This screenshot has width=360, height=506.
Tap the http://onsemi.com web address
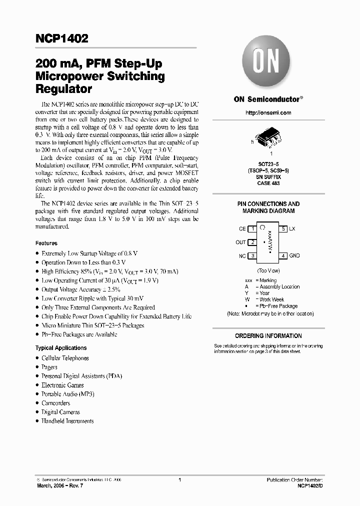[x=268, y=113]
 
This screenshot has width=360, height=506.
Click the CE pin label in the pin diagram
[x=242, y=229]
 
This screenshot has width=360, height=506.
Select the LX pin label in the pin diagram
[x=292, y=229]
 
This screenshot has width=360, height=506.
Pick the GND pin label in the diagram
[x=294, y=256]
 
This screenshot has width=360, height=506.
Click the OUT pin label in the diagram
[x=240, y=242]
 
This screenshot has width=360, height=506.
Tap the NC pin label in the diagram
[x=242, y=256]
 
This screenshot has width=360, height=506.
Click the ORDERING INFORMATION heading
[x=268, y=336]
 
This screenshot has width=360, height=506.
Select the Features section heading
[x=46, y=243]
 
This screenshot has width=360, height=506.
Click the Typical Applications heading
[x=60, y=348]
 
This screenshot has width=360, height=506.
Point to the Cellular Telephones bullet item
[x=65, y=358]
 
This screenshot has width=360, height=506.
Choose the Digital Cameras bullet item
[x=60, y=412]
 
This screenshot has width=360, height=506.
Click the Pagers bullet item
[x=49, y=367]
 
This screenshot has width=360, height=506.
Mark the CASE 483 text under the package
[x=268, y=183]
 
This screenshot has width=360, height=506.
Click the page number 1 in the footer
[x=179, y=479]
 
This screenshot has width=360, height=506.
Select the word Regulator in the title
[x=63, y=90]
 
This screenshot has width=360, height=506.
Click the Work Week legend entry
[x=271, y=299]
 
